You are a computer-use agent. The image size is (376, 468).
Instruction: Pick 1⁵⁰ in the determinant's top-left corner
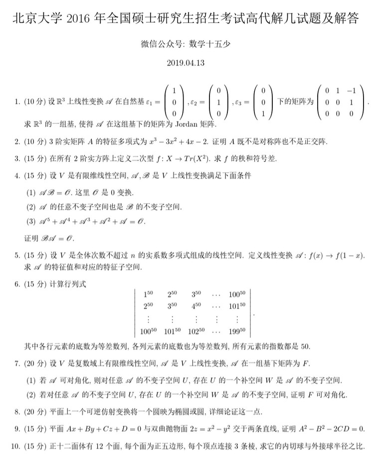[x=148, y=294]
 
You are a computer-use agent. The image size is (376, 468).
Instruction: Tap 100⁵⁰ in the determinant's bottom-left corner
[x=148, y=331]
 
